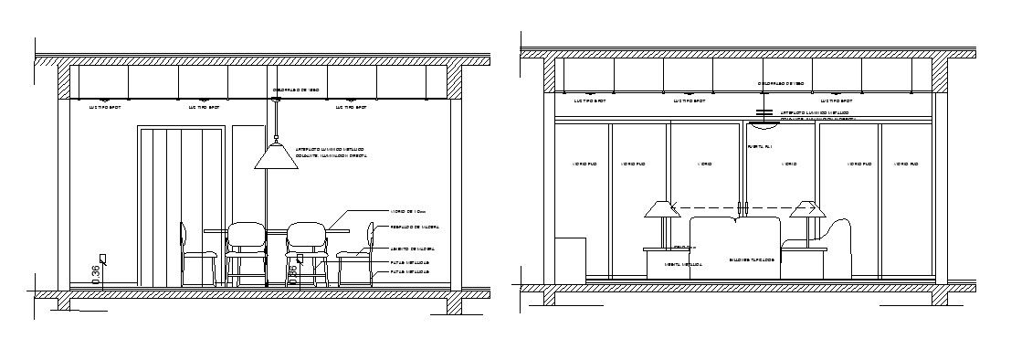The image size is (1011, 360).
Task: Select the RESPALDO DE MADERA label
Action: coord(410,227)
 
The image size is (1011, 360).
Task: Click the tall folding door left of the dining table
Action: coord(181,206)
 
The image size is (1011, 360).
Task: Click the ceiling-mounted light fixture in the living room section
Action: coord(764,113)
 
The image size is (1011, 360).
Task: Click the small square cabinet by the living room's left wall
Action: coord(571,258)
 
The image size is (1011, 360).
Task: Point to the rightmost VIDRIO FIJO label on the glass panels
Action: coord(906,164)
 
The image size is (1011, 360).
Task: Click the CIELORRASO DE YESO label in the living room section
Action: coord(780,83)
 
